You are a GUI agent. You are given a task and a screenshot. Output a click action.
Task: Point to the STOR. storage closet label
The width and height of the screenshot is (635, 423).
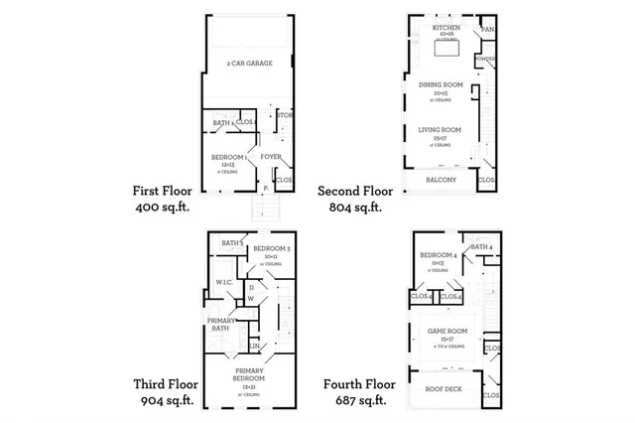(285, 116)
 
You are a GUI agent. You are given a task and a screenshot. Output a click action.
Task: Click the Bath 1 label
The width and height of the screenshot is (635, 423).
(222, 123)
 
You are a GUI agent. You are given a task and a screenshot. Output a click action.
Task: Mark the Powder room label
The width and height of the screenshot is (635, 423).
(486, 59)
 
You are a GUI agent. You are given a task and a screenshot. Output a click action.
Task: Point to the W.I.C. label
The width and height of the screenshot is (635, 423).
(224, 282)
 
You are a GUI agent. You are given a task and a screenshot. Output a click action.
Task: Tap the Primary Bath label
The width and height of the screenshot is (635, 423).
(220, 324)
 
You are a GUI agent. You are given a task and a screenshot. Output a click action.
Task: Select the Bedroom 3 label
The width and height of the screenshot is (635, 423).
(271, 247)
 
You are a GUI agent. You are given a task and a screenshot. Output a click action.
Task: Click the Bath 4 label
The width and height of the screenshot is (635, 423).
(481, 247)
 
